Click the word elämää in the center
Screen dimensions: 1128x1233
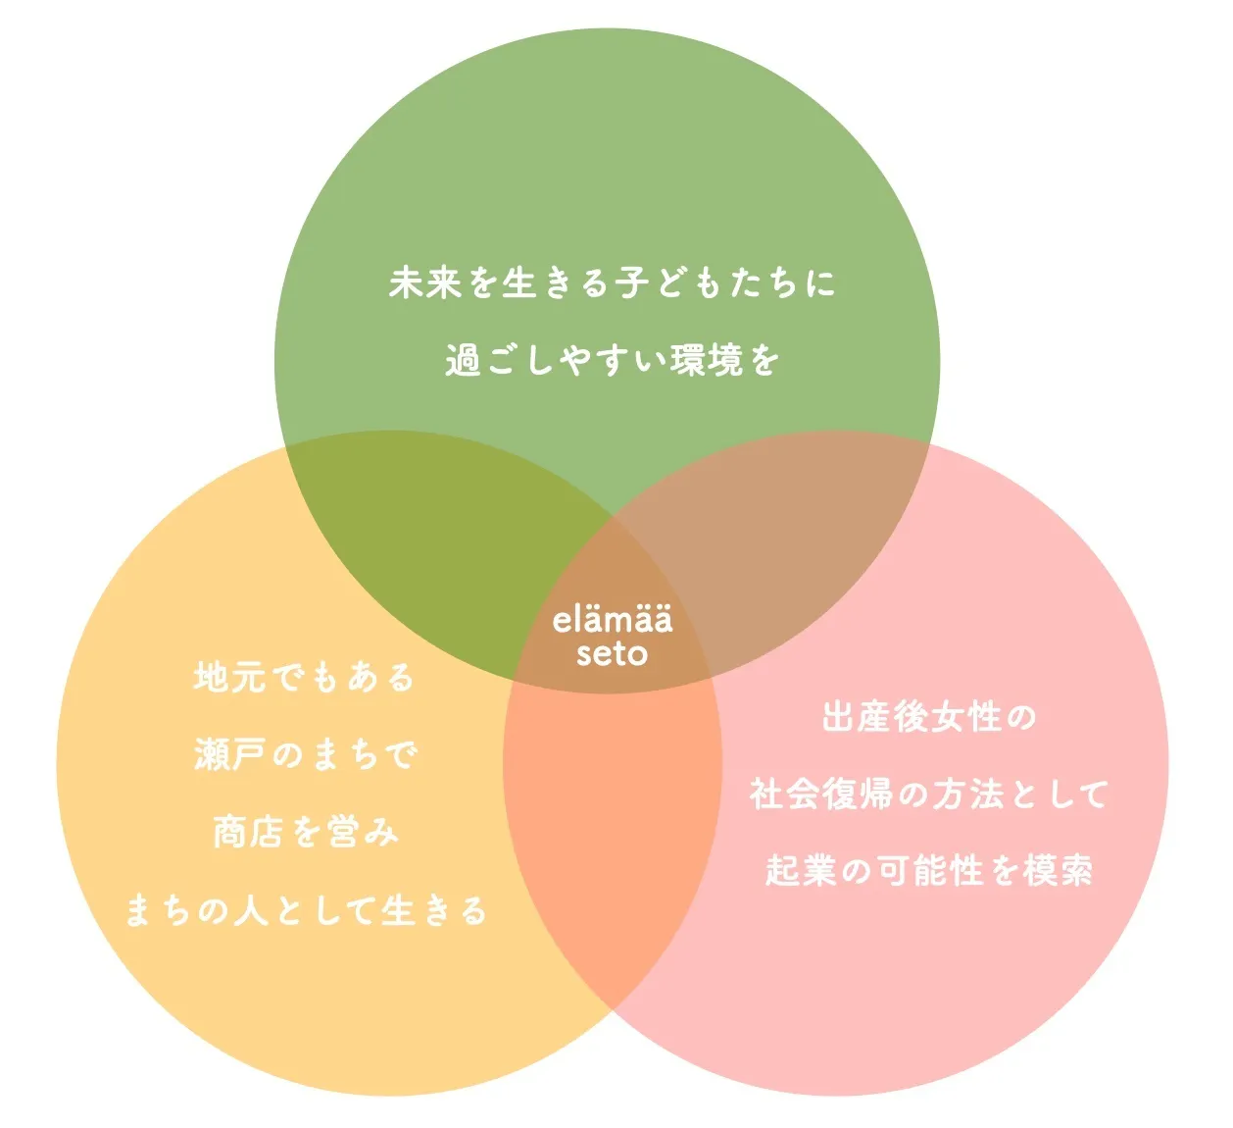613,620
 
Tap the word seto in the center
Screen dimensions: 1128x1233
613,653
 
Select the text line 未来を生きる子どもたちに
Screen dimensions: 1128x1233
613,283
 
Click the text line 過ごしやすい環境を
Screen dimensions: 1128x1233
613,360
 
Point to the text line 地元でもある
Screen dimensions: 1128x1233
305,677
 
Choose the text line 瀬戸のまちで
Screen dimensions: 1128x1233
305,754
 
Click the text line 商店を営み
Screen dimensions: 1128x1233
305,832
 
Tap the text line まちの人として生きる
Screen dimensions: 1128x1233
305,910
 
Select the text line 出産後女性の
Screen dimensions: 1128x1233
928,717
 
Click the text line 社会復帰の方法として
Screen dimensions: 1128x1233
928,794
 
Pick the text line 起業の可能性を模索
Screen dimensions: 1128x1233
928,870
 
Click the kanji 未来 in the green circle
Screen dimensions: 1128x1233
425,283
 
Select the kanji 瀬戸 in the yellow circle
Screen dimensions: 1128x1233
229,754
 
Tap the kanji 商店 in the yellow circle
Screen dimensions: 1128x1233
248,832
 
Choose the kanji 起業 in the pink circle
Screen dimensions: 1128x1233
801,870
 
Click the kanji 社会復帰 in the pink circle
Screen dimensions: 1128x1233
821,794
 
